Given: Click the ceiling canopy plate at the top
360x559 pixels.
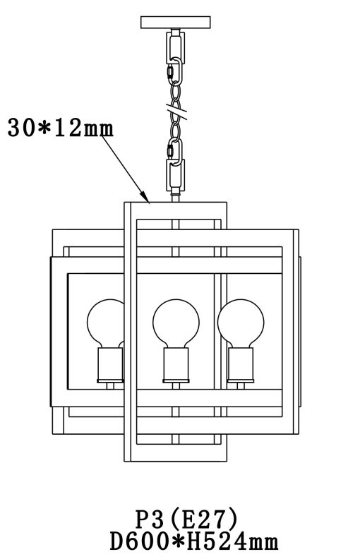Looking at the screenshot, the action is [x=175, y=22].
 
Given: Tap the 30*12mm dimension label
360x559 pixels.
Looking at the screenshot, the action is [x=60, y=128].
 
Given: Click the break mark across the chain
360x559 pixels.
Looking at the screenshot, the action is [x=176, y=111].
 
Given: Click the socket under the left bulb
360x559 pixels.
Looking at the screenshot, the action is [x=110, y=365].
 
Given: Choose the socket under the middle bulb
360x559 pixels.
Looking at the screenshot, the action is [x=176, y=365].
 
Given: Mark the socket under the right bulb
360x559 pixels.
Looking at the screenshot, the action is [x=241, y=365].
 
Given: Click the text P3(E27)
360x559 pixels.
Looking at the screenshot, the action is [x=186, y=519].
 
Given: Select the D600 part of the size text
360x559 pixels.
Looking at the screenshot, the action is [x=139, y=542].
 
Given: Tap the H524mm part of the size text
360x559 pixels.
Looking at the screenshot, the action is [x=232, y=542].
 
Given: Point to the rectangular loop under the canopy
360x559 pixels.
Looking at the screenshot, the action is [x=175, y=47].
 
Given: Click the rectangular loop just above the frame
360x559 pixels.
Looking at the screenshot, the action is [x=175, y=175].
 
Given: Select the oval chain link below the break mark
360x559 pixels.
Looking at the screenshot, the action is [x=175, y=131].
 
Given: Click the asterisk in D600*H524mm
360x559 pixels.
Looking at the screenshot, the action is [x=177, y=542].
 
